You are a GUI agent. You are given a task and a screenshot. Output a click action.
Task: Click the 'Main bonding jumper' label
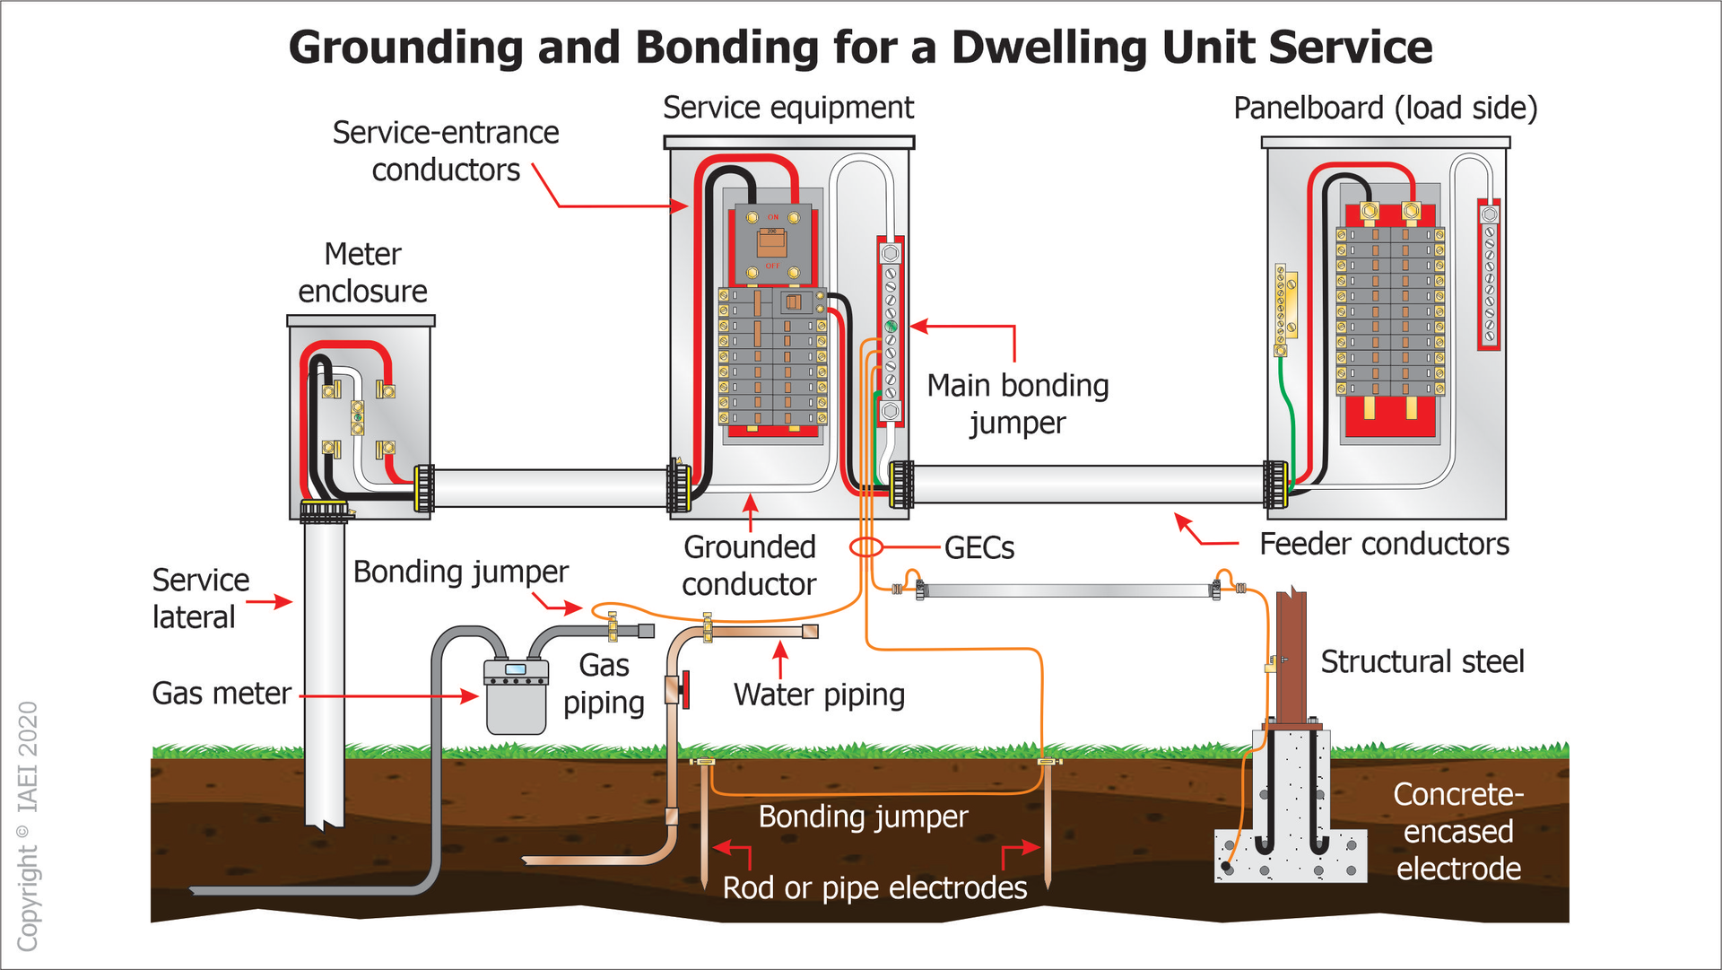1018,404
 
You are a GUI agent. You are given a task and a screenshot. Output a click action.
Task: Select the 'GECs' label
979,547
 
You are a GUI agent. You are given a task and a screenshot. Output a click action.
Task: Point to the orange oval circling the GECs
866,546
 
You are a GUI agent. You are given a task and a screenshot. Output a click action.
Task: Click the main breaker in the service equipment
772,242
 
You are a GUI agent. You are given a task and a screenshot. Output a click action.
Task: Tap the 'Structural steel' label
1422,661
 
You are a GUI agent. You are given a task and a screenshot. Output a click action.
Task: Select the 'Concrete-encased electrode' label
1458,831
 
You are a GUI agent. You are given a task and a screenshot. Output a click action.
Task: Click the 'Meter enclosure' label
362,273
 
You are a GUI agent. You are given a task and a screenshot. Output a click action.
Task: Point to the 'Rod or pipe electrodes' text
874,887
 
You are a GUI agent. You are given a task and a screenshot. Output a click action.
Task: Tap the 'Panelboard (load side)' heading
1385,108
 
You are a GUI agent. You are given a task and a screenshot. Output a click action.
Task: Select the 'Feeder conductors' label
1384,544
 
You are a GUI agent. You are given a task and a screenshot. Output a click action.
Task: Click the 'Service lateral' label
200,599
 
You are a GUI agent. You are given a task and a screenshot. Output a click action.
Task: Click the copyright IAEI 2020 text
28,826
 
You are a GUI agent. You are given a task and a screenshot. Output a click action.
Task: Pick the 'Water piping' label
819,695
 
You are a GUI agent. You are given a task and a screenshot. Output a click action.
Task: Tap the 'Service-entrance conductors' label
446,151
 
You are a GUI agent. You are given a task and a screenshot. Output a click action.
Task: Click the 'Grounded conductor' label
749,565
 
